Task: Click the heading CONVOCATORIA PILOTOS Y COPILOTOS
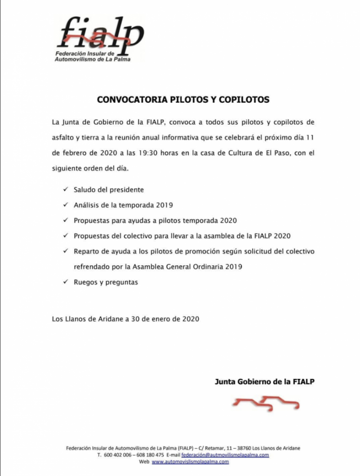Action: [183, 99]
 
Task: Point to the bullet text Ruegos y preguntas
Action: [106, 282]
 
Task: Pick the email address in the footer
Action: [225, 455]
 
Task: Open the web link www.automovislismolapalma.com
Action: [190, 462]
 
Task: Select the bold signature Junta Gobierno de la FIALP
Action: [264, 382]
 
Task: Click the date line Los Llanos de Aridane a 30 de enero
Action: [126, 319]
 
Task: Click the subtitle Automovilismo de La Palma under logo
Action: [93, 60]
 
